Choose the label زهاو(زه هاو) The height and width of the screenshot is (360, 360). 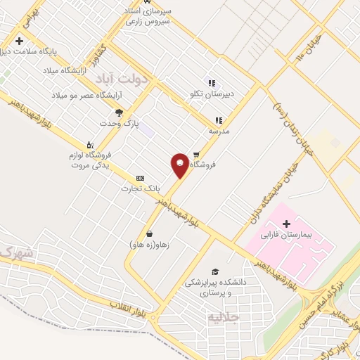[150, 245]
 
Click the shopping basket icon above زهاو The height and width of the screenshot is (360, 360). [149, 233]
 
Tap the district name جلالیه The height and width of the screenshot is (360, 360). [224, 316]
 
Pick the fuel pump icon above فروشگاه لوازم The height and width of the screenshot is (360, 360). [89, 145]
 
